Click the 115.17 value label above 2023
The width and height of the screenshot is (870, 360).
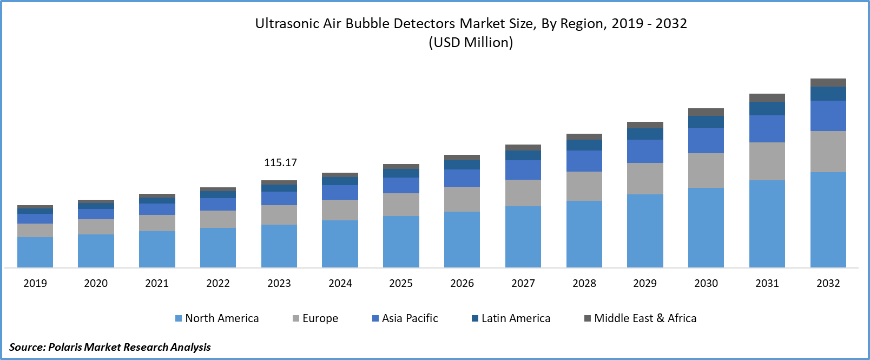[280, 162]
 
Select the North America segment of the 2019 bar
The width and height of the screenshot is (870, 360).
[35, 252]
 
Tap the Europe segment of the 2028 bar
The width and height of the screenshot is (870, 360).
[584, 186]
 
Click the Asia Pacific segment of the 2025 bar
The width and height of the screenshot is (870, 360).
[401, 185]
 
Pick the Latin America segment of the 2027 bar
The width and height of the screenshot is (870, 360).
[523, 155]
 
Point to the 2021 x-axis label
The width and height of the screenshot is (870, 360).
[157, 283]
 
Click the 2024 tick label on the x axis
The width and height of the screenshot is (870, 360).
[340, 283]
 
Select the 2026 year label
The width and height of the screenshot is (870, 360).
[462, 283]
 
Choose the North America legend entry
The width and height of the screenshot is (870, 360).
[217, 318]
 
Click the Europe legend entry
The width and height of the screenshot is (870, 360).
[315, 318]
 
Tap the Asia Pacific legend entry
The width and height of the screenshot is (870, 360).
[405, 318]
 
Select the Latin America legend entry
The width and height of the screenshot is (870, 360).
[511, 318]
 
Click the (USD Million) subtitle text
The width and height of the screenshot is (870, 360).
[471, 42]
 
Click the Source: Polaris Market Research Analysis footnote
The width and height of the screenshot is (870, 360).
[110, 346]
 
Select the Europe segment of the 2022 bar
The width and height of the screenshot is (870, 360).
[218, 219]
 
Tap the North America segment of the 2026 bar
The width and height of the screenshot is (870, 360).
[462, 239]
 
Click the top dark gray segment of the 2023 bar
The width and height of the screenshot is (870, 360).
[279, 182]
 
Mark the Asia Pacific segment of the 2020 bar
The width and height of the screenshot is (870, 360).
[96, 214]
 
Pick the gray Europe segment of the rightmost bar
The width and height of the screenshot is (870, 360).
[828, 152]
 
